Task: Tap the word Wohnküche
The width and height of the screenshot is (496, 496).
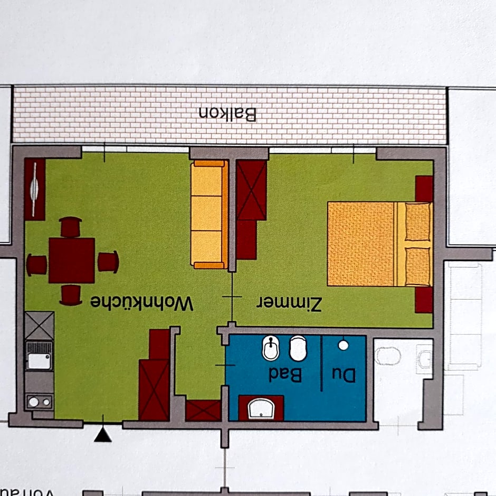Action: [x=142, y=303]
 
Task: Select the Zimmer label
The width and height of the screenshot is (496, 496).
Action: [x=289, y=303]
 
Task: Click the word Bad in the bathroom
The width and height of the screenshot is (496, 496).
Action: [x=285, y=374]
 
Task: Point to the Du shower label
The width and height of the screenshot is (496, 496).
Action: [x=344, y=374]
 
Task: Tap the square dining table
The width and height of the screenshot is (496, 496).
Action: [x=72, y=261]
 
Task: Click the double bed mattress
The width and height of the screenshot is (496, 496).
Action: [x=361, y=243]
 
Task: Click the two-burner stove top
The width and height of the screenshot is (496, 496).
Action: [x=40, y=402]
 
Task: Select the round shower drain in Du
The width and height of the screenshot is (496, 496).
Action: [x=344, y=345]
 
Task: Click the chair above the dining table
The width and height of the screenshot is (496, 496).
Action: [x=71, y=227]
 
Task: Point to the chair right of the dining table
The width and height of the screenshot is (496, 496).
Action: [x=108, y=262]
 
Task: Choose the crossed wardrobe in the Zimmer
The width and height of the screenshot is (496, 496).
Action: [x=251, y=190]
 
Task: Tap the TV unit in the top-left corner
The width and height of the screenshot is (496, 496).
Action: [x=35, y=189]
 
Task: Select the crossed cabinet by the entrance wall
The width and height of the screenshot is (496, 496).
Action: [x=154, y=389]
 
